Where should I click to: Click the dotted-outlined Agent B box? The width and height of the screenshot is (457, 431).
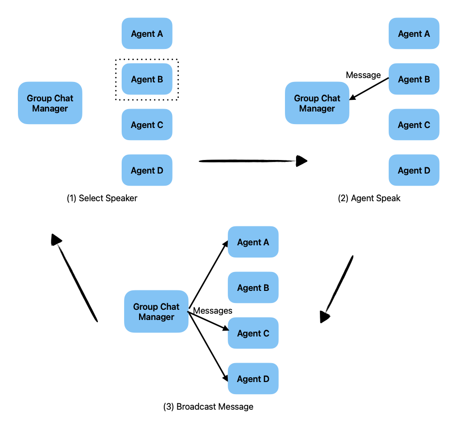147,79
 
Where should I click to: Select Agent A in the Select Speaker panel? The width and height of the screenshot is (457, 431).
147,33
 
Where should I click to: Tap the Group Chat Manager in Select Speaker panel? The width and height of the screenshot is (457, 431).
50,103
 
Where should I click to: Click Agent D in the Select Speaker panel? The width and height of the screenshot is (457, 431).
147,170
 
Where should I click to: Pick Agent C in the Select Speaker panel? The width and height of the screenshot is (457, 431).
147,125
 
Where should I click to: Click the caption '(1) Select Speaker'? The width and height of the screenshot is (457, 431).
102,198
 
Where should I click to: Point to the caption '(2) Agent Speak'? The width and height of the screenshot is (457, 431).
369,198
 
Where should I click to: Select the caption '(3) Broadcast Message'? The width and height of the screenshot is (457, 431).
208,407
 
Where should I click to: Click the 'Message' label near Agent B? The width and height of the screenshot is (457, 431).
363,75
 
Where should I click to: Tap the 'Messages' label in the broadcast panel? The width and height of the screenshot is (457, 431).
212,311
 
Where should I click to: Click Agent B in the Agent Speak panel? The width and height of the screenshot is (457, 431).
414,79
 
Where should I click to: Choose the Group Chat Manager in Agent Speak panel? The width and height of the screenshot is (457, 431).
317,103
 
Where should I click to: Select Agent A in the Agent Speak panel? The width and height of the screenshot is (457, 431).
414,33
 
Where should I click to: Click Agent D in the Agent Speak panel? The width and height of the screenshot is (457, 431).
414,170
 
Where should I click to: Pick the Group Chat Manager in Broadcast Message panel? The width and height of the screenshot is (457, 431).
156,311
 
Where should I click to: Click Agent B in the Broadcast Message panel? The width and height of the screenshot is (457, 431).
253,287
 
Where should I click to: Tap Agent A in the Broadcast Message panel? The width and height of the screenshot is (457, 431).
253,242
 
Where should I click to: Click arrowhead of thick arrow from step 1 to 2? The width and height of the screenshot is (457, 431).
301,161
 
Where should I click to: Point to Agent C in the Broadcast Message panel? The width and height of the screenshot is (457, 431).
253,333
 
